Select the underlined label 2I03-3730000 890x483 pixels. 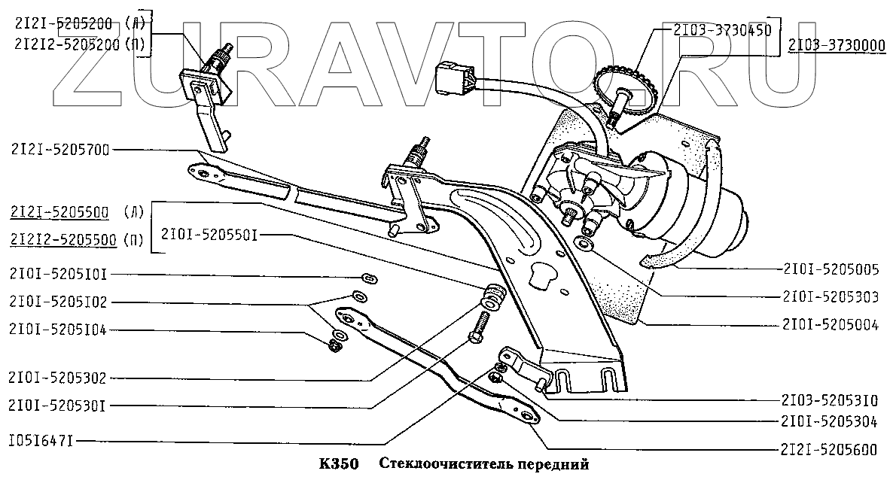click(837, 46)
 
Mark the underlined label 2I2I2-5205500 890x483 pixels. click(63, 240)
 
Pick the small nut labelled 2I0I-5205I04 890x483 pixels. click(334, 346)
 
